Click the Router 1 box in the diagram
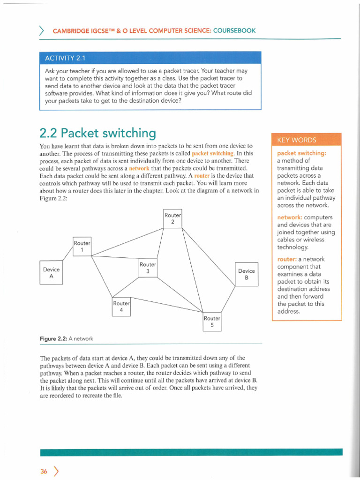coord(82,247)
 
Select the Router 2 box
coord(172,218)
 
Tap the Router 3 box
coord(148,268)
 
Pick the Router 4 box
coord(121,307)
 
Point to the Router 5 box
coord(212,322)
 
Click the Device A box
coord(51,273)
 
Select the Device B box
coord(246,274)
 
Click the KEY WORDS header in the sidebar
coord(297,140)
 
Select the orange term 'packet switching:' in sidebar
coord(302,153)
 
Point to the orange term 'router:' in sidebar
coord(287,259)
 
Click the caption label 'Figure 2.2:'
coord(54,338)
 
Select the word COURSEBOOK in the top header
coord(234,30)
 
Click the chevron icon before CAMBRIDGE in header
coord(42,31)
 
